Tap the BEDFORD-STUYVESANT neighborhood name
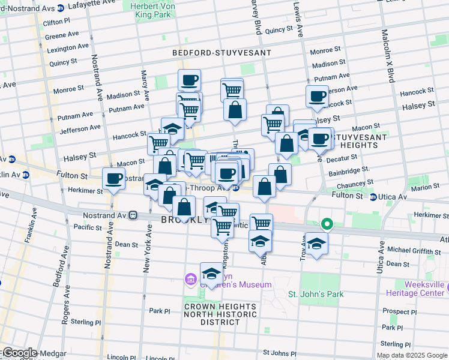pyautogui.click(x=221, y=53)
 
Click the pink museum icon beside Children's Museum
pyautogui.click(x=191, y=279)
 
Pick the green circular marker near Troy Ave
pyautogui.click(x=327, y=225)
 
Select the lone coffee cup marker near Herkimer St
pyautogui.click(x=114, y=178)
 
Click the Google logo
pyautogui.click(x=19, y=353)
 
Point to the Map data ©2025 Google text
pyautogui.click(x=412, y=355)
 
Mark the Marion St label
pyautogui.click(x=425, y=187)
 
